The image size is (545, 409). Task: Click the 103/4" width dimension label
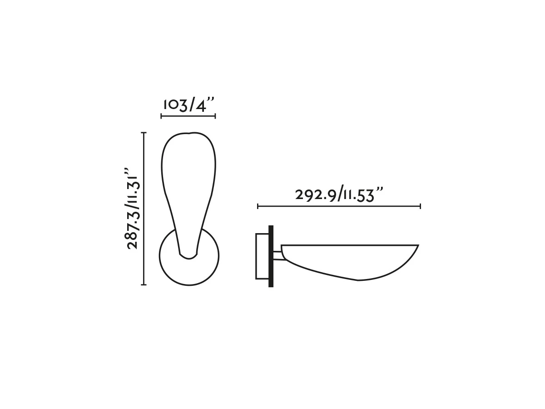(188, 105)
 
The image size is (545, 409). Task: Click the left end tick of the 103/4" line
(161, 116)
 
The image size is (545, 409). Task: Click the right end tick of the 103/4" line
(215, 116)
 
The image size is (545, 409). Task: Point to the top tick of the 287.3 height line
(144, 133)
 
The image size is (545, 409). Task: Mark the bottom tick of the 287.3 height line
(144, 284)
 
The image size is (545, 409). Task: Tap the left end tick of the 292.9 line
(258, 206)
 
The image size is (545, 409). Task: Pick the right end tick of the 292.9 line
(421, 206)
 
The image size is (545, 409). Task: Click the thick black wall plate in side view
(271, 256)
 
